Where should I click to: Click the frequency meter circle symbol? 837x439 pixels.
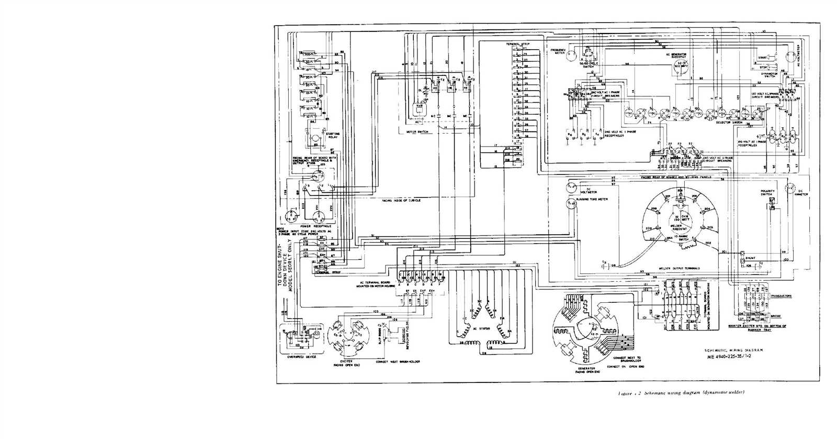click(x=572, y=57)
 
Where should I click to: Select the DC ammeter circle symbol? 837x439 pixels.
click(x=790, y=191)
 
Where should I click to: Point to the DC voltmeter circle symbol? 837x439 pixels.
click(x=571, y=188)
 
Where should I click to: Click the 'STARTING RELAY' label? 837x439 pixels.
click(x=333, y=135)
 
